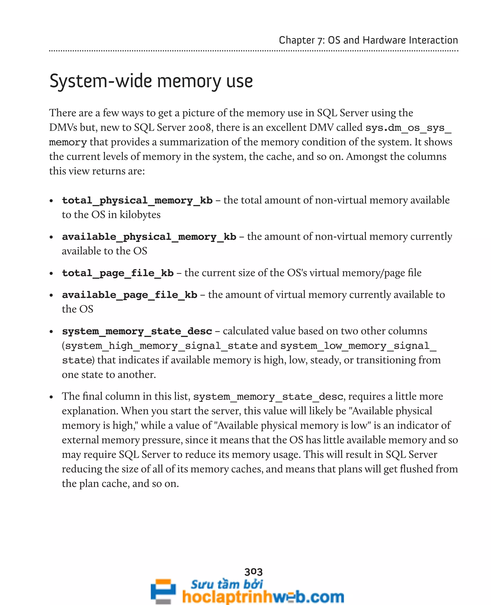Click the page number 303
(253, 572)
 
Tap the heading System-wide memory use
(151, 81)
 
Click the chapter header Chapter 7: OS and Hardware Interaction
(368, 40)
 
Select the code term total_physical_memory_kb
(137, 200)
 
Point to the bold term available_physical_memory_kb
(149, 237)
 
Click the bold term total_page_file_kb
(118, 273)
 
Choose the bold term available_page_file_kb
(129, 295)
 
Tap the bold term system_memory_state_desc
(137, 331)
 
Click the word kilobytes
(140, 215)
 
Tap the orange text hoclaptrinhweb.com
(263, 596)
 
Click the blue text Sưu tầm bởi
(227, 584)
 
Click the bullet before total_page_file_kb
(51, 274)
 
